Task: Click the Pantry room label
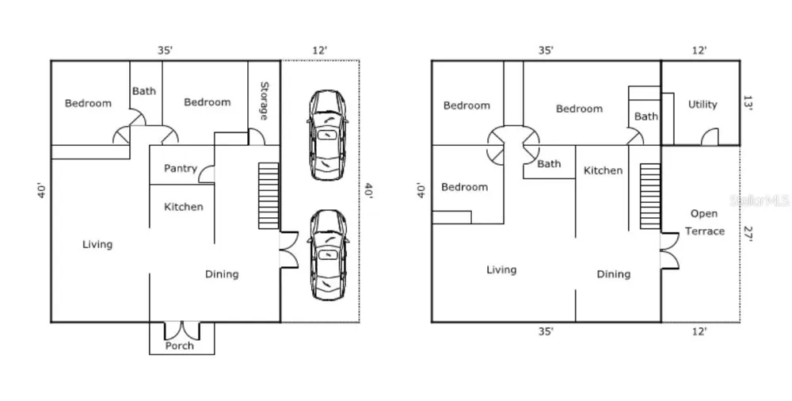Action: [181, 168]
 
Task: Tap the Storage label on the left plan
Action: [264, 101]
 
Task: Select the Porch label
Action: [179, 346]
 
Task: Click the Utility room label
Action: [703, 105]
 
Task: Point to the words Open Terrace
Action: [705, 223]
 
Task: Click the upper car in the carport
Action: [327, 135]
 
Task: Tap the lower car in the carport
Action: [328, 255]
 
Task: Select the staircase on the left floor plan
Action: [268, 196]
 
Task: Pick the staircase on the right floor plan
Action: [650, 197]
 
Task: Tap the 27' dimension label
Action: [748, 234]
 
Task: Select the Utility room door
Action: [710, 136]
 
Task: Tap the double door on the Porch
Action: [182, 330]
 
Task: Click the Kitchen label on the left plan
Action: [184, 207]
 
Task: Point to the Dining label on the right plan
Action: [614, 274]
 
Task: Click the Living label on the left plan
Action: [97, 245]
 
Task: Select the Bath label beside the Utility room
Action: [646, 116]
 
